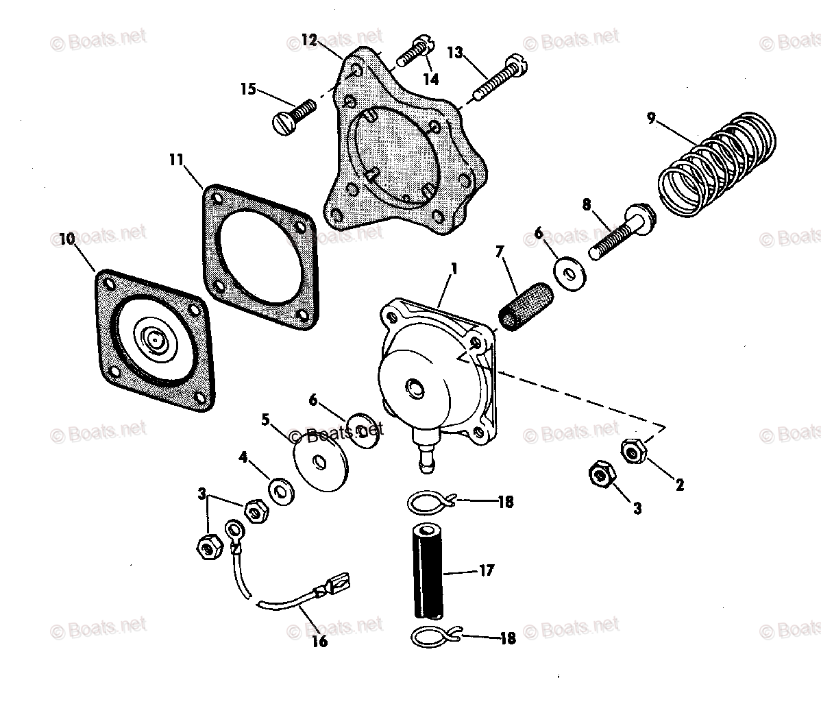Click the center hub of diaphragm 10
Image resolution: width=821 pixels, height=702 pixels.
pos(154,339)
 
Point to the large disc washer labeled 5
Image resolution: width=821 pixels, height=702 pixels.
pos(320,463)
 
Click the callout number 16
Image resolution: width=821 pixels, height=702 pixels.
pos(319,642)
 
